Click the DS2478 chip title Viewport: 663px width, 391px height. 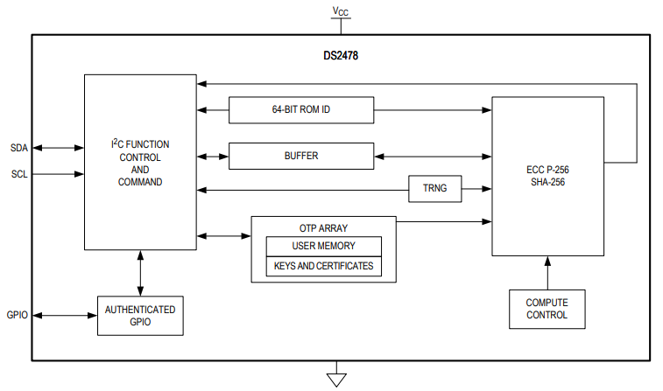tap(340, 55)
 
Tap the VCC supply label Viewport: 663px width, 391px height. tap(341, 11)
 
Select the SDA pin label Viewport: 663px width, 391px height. tap(19, 148)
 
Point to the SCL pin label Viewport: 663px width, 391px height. tap(19, 174)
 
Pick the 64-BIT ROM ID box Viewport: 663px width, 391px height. tap(300, 110)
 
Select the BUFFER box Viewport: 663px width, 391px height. tap(300, 156)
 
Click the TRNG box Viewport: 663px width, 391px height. tap(434, 189)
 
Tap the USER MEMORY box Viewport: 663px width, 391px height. tap(323, 246)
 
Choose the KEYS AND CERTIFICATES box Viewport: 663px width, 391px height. tap(323, 266)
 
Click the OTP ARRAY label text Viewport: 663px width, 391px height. tap(323, 227)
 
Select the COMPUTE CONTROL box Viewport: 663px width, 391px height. tap(547, 309)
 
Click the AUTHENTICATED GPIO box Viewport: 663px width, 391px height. tap(140, 315)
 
